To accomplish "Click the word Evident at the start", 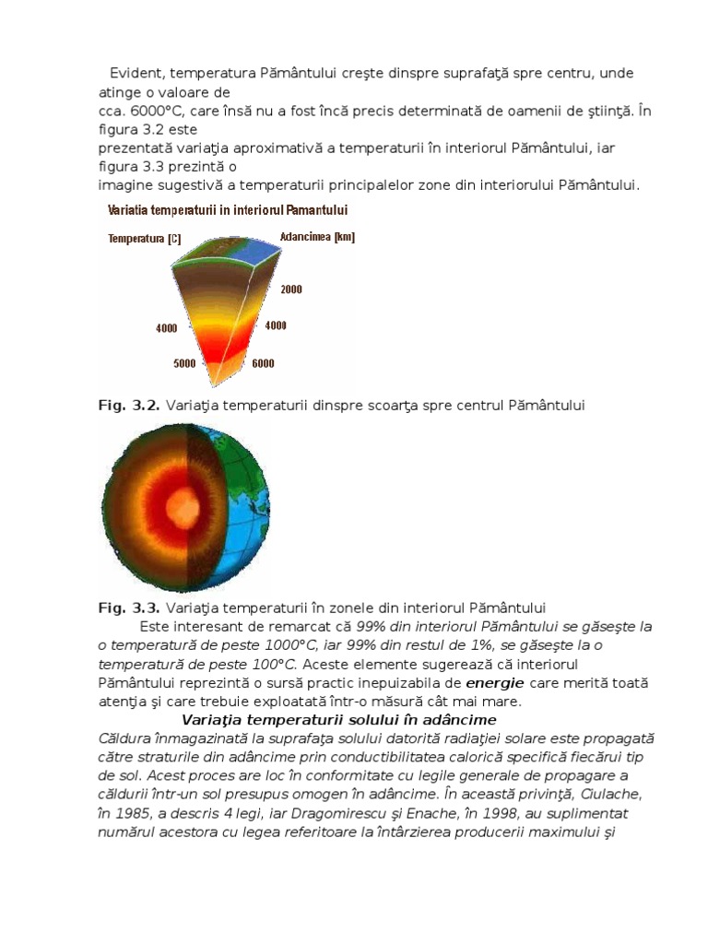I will pos(137,73).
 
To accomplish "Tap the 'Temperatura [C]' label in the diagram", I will pos(145,238).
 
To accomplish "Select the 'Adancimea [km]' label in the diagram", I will pos(316,237).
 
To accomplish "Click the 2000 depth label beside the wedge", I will pos(290,289).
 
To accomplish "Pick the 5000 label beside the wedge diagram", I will pos(184,363).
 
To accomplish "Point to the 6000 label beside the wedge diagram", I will pos(263,363).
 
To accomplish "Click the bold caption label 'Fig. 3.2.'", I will pos(128,405).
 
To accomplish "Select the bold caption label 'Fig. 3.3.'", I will pos(128,608).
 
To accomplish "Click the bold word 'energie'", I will pos(495,683).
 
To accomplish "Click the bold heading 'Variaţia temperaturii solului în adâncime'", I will pos(339,720).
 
